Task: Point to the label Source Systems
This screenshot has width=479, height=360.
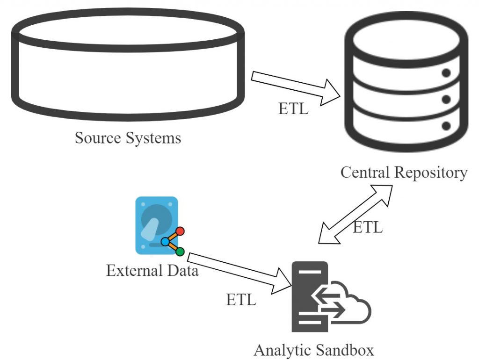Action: coord(128,138)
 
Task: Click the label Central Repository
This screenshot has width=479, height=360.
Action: coord(404,173)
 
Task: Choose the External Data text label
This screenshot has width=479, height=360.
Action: coord(152,271)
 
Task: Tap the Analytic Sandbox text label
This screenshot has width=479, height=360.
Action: coord(314,350)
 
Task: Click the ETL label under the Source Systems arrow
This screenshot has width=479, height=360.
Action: coord(293,109)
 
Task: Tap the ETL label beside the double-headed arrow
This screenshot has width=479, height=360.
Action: coord(368,228)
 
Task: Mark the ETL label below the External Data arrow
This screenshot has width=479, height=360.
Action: coord(241,300)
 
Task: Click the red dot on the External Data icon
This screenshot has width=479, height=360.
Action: coord(180,231)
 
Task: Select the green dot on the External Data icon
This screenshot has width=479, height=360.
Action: coord(180,252)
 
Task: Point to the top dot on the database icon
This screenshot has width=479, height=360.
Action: coord(446,73)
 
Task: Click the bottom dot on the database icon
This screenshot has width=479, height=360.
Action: coord(446,126)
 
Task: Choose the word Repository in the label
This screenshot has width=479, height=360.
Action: coord(431,173)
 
